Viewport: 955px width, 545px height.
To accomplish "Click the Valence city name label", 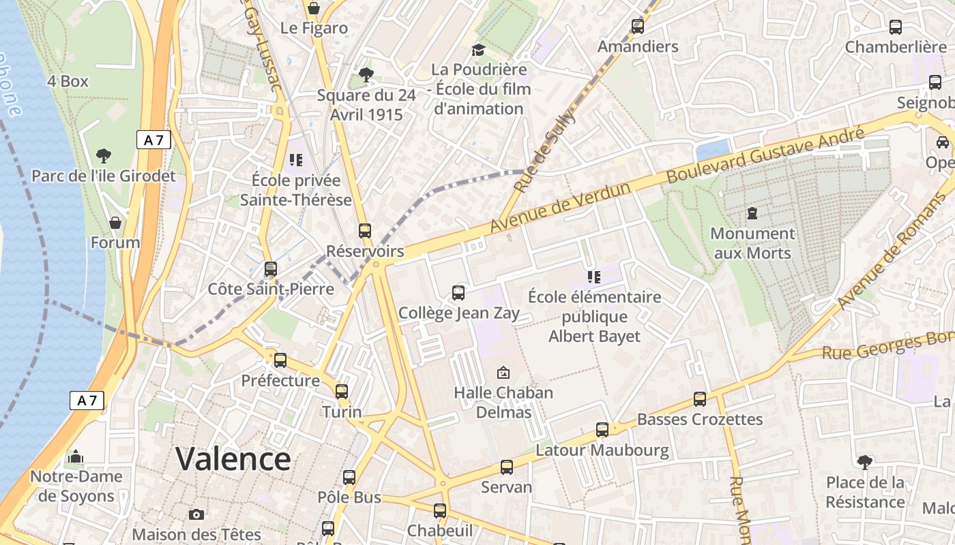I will click(233, 458).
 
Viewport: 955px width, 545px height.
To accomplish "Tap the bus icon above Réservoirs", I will click(365, 231).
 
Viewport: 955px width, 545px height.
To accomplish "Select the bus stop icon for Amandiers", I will click(638, 27).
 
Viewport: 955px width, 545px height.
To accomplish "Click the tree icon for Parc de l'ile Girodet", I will click(104, 156).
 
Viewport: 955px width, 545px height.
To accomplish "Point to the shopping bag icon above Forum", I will click(115, 223).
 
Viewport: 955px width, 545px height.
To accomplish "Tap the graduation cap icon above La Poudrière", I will click(479, 50).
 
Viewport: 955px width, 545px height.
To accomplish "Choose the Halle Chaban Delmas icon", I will click(503, 373).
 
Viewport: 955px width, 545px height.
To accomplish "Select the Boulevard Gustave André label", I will click(765, 155).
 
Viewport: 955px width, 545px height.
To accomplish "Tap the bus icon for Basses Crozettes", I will click(700, 399).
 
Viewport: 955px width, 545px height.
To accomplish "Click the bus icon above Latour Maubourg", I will click(602, 430).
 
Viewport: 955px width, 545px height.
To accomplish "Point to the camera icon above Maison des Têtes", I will click(196, 514).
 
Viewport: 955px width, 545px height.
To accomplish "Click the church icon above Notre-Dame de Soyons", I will click(76, 456).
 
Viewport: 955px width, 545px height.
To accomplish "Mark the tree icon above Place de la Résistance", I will click(864, 463).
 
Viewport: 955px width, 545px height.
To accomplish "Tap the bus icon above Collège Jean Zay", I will click(458, 293).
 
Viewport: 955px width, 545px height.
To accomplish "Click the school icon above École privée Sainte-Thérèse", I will click(295, 160).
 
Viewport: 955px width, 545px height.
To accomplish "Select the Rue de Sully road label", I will click(545, 151).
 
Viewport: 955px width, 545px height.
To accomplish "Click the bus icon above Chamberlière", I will click(896, 27).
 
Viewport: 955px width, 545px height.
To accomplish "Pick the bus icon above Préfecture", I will click(280, 360).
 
